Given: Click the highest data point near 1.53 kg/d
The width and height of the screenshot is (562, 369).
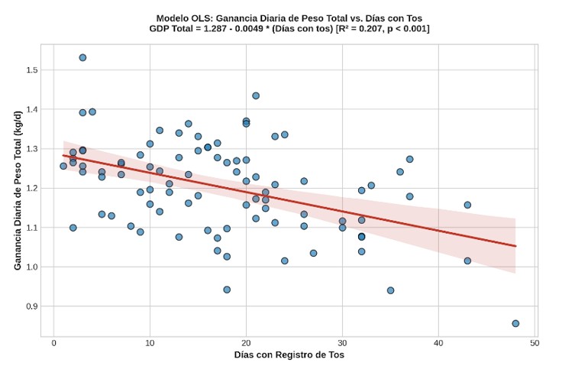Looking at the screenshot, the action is (x=82, y=57).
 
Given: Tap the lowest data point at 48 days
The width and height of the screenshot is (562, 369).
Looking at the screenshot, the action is (x=515, y=323).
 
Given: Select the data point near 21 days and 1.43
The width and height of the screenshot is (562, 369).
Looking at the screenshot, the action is (x=256, y=95).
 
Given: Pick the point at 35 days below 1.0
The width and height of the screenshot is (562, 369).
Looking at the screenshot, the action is (x=391, y=290).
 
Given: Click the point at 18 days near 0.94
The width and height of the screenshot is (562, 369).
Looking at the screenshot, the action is (x=227, y=290).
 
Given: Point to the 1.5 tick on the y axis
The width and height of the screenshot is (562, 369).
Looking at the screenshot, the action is (x=32, y=70).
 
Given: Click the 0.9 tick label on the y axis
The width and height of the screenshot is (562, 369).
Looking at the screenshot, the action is (x=32, y=306).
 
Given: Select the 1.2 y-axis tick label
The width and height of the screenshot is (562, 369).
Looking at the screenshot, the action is (x=32, y=188).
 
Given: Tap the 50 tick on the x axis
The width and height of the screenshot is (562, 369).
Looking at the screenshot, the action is (x=535, y=343).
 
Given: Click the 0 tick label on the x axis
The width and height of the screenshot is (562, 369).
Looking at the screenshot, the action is (x=53, y=343).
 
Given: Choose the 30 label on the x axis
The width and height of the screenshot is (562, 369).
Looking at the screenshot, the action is (x=342, y=343).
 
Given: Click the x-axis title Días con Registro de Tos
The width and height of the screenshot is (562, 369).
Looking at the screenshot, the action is (x=289, y=355).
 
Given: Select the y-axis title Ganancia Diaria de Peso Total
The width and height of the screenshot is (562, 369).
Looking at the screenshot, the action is (x=18, y=191).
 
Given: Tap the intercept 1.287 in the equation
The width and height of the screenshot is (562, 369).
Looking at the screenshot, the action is (x=215, y=29).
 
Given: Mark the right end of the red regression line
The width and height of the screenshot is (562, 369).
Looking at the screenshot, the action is (x=515, y=246).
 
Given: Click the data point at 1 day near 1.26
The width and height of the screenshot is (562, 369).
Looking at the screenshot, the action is (x=63, y=166).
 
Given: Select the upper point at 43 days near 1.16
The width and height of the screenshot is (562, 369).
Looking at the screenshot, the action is (x=467, y=205).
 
